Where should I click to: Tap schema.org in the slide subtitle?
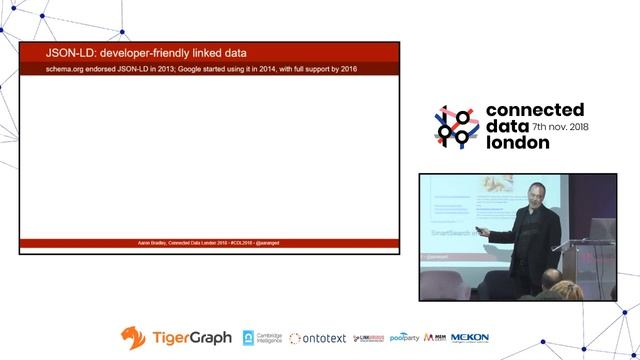[71, 69]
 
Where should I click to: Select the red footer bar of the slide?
[209, 242]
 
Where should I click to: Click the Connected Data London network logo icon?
[456, 127]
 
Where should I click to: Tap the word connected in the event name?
[536, 110]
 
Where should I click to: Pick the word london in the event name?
[517, 142]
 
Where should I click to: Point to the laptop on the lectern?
[598, 230]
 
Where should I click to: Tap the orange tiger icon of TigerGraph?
[133, 338]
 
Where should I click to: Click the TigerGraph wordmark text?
[191, 338]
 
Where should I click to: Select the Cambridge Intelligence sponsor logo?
[263, 338]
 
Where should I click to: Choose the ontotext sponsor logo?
[318, 338]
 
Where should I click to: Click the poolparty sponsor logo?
[404, 338]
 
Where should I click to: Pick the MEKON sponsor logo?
[470, 338]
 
